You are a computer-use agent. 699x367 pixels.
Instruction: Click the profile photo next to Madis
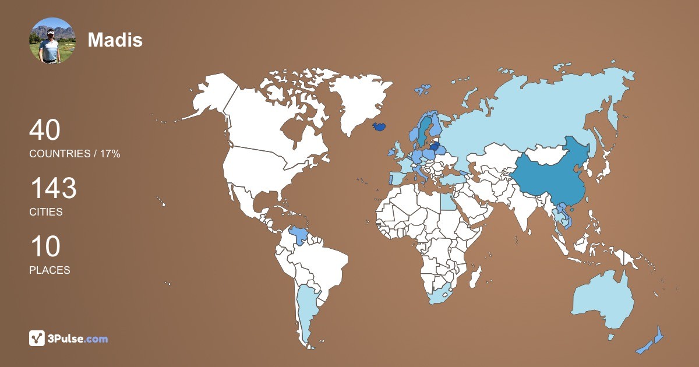click(52, 40)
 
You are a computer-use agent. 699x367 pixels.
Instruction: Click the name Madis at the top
click(115, 40)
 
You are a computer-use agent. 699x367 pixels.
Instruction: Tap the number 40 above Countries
click(45, 130)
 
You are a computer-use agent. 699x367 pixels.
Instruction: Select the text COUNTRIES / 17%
click(75, 154)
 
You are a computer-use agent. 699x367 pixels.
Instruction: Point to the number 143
click(53, 189)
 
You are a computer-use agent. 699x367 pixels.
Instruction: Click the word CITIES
click(46, 212)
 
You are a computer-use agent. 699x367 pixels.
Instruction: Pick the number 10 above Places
click(45, 247)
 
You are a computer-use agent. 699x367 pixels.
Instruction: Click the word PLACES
click(50, 270)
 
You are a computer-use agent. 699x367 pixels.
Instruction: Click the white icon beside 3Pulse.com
click(37, 338)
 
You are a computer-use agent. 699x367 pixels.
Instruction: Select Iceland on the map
click(379, 126)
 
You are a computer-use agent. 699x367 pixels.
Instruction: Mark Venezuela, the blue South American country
click(299, 236)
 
